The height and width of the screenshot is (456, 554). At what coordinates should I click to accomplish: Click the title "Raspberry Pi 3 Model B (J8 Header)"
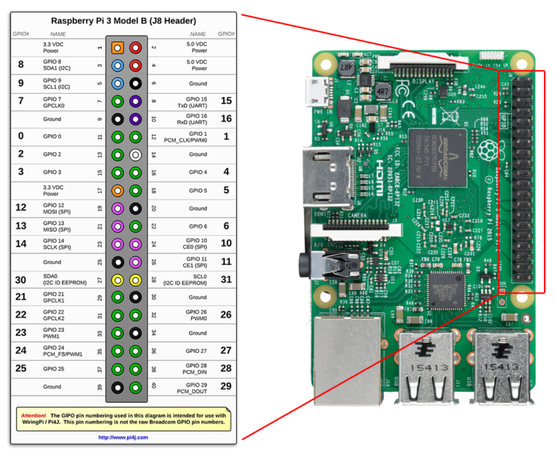pos(123,21)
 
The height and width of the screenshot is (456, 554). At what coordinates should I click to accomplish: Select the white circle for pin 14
pos(135,154)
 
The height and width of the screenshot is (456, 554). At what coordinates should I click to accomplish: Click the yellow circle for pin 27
pos(118,279)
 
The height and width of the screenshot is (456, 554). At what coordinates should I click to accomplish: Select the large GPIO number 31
pos(226,279)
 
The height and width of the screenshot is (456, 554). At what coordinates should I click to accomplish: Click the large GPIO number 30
pos(21,279)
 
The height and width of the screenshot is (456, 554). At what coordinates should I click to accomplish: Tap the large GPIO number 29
pos(226,387)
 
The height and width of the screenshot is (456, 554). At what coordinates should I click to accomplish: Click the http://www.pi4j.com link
pos(123,437)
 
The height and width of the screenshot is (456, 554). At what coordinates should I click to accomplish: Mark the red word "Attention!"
pos(34,416)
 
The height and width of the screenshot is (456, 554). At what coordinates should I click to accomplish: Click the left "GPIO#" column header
pos(21,34)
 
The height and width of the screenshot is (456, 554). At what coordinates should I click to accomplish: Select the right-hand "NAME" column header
pos(198,34)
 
